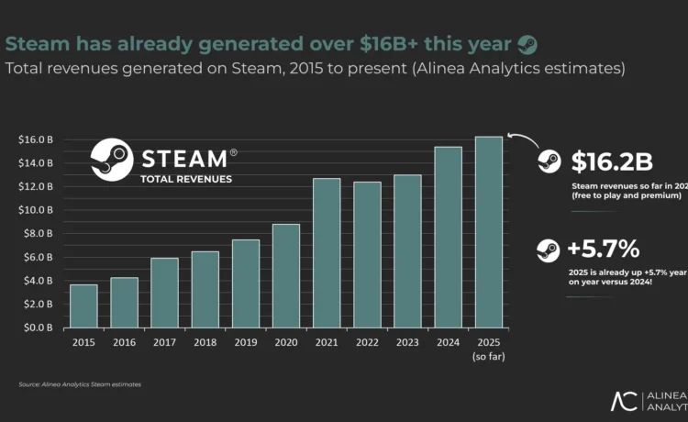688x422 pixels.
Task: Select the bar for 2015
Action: tap(83, 305)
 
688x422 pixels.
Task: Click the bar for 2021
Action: tap(326, 252)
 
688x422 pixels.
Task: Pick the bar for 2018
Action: tap(205, 289)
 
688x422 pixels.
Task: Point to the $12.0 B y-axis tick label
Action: tap(35, 186)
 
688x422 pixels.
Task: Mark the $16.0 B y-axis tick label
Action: tap(35, 139)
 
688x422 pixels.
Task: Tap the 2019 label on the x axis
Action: tap(245, 343)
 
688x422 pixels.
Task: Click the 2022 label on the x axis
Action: tap(366, 343)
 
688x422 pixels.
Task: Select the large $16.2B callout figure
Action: tap(611, 162)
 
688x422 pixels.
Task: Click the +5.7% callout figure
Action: tap(604, 249)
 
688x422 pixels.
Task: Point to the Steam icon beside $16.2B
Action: tap(549, 162)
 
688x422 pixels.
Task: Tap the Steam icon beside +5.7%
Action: tap(549, 249)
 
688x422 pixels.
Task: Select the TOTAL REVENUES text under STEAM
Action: tap(185, 178)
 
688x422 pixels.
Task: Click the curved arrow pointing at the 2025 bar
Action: tap(520, 139)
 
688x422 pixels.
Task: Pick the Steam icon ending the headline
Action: tap(527, 43)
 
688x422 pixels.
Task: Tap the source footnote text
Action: tap(80, 383)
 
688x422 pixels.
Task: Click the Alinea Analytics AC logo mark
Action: tap(626, 401)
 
